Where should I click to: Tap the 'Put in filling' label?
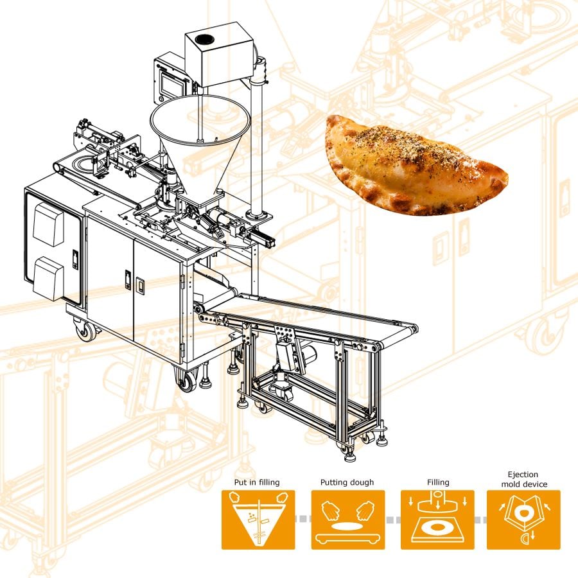pyautogui.click(x=257, y=482)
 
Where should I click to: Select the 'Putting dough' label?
pyautogui.click(x=347, y=482)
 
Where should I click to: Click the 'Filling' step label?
pyautogui.click(x=438, y=482)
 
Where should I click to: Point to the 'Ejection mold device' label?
pyautogui.click(x=524, y=479)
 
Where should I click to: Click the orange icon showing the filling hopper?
pyautogui.click(x=258, y=520)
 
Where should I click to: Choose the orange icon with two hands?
pyautogui.click(x=348, y=520)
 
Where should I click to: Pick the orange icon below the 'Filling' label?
pyautogui.click(x=437, y=520)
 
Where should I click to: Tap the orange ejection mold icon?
pyautogui.click(x=523, y=520)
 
